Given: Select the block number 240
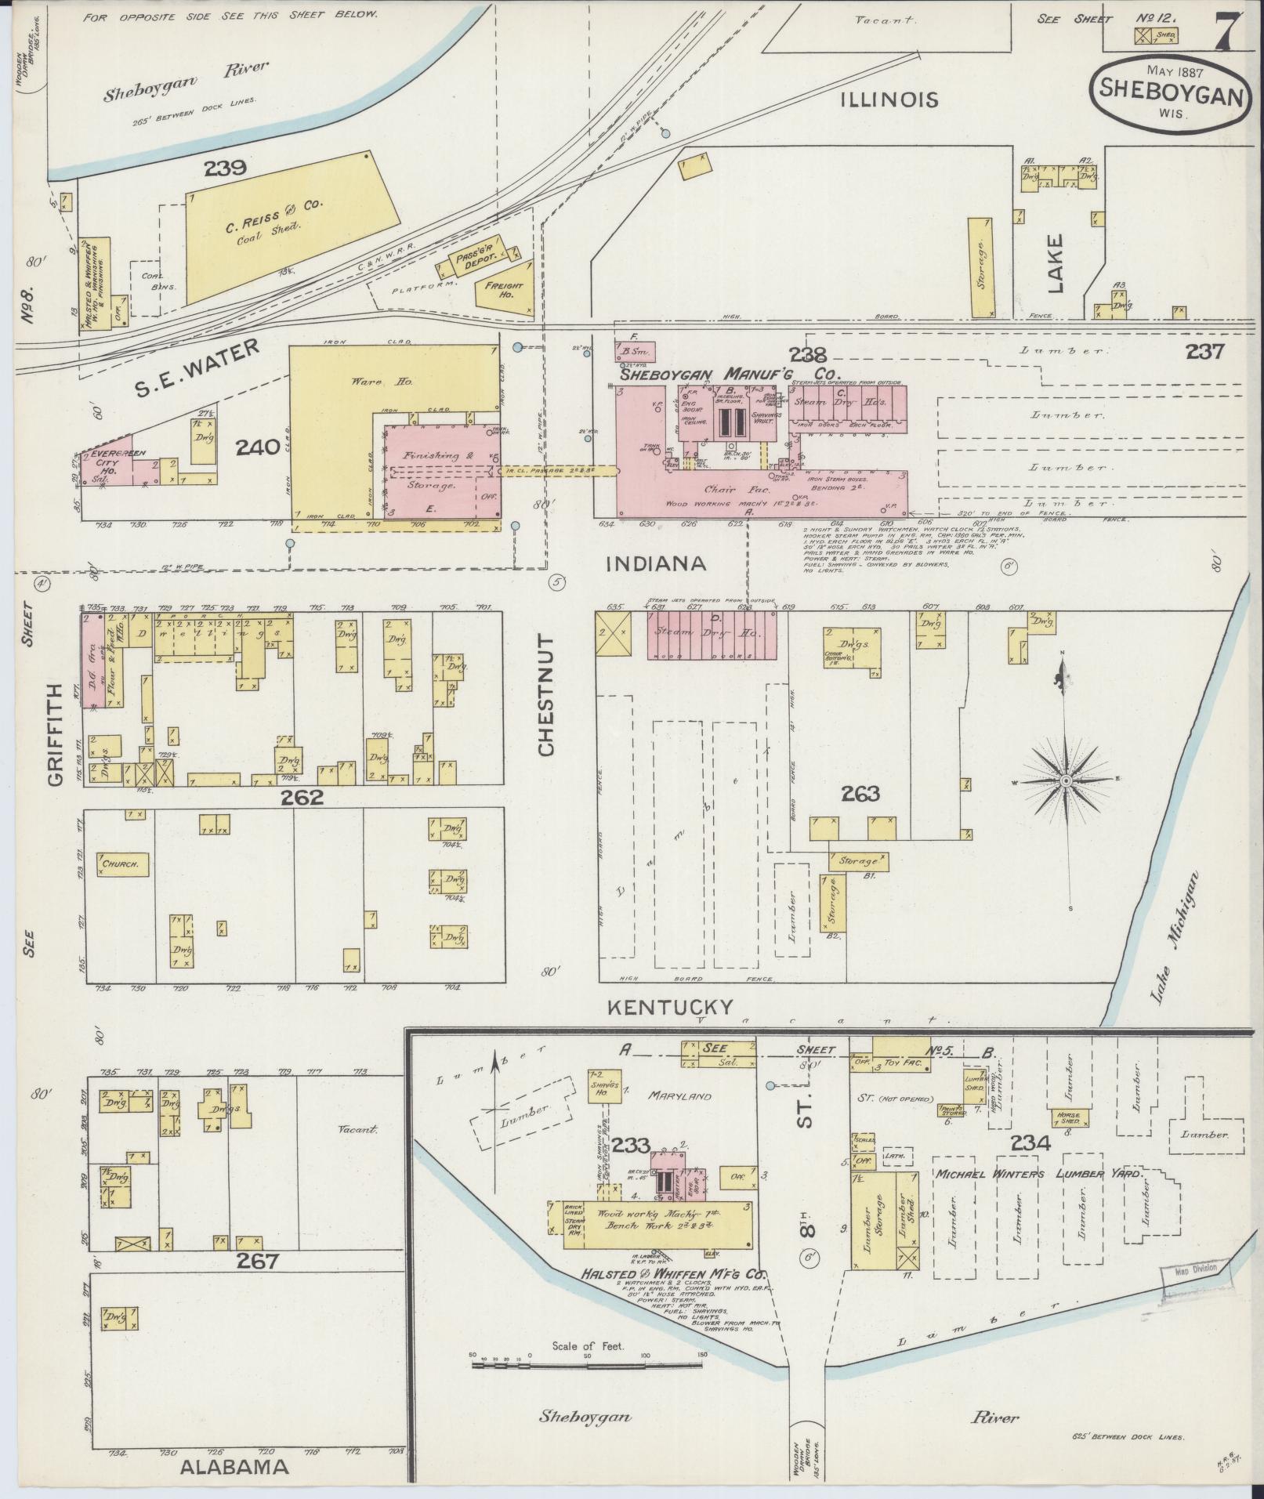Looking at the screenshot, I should click(x=258, y=447).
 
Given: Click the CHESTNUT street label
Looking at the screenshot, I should click(x=546, y=696).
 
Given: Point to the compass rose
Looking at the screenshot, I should click(x=1067, y=781).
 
